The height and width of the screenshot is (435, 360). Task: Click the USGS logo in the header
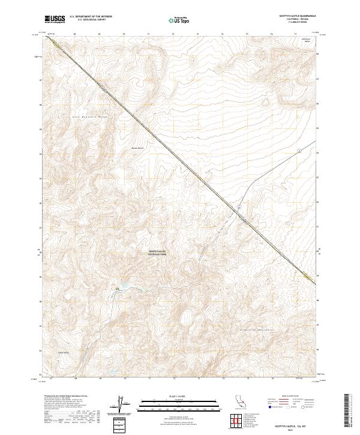pos(55,19)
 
